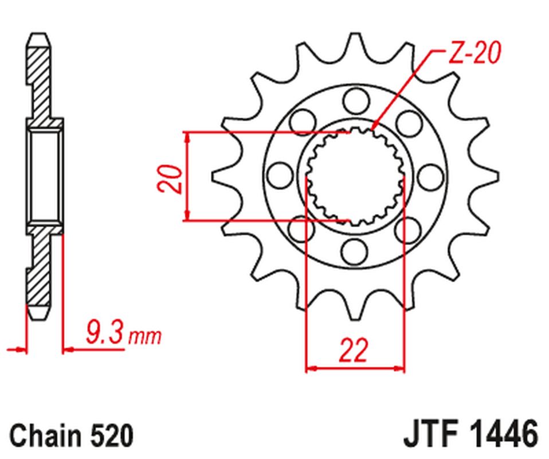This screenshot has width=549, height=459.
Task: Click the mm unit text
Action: tap(144, 336)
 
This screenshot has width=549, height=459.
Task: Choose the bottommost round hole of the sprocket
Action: tap(355, 250)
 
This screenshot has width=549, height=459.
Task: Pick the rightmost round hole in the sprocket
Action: tap(429, 173)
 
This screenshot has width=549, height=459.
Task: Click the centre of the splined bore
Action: tap(355, 176)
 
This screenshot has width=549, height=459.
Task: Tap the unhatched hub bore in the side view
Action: tap(44, 176)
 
